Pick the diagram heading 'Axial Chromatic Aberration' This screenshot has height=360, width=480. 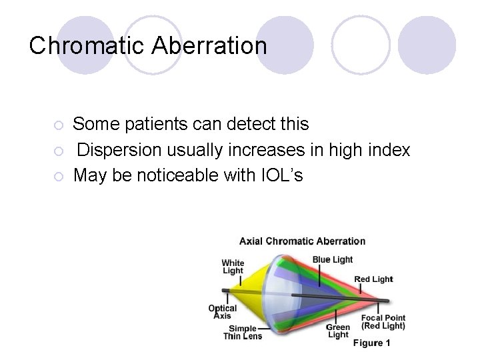pos(302,241)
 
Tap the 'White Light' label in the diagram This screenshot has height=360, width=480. pos(233,267)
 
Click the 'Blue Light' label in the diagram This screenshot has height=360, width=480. pos(333,259)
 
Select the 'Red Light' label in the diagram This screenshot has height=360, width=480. pos(373,279)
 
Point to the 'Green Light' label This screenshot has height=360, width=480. pos(338,331)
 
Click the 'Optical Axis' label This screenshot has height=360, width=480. pos(222,312)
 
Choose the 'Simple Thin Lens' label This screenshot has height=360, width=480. pos(242,333)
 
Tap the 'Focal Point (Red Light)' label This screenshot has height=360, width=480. pos(383,321)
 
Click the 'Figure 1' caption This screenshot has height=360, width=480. pos(371,343)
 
